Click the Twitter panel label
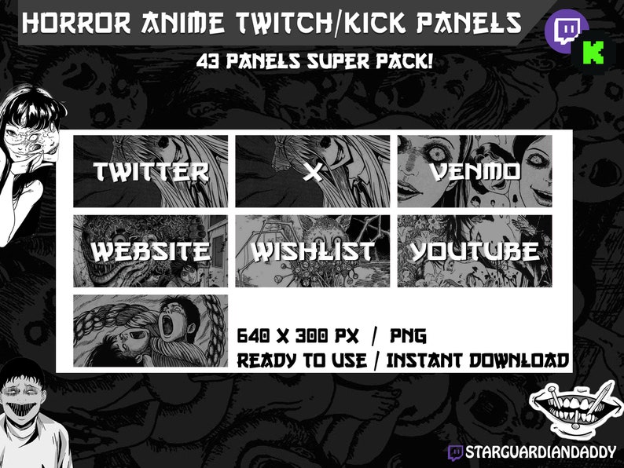tap(151, 172)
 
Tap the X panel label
tap(313, 172)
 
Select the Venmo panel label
tap(475, 172)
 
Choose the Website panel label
tap(151, 252)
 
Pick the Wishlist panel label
tap(313, 252)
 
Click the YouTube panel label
tap(475, 252)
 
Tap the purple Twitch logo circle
tap(565, 31)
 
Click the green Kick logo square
tap(594, 52)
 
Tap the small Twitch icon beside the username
tap(455, 452)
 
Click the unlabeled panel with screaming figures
tap(151, 331)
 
